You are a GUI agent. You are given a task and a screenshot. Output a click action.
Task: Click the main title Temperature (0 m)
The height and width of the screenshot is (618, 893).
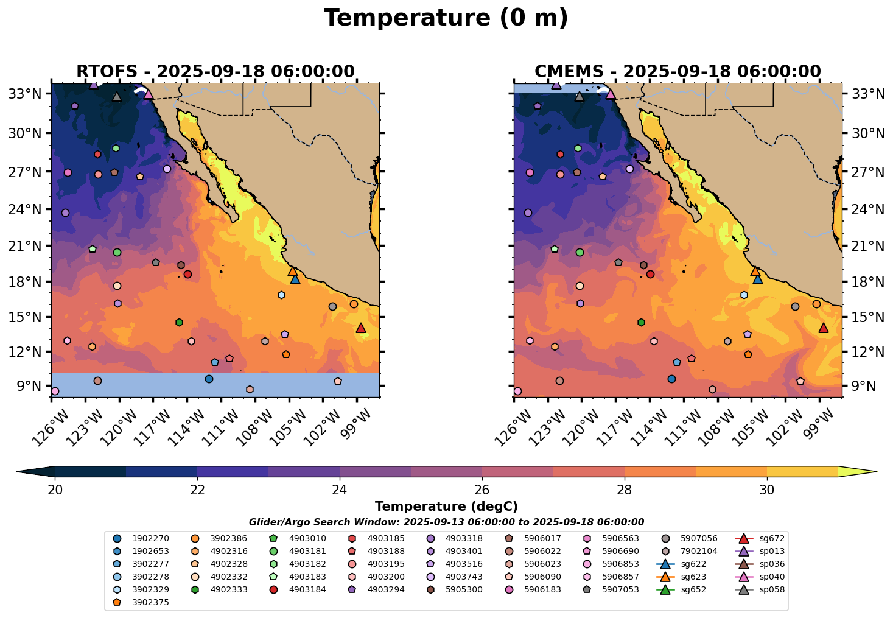pos(446,18)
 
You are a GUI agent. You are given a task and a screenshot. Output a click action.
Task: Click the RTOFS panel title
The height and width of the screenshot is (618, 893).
pos(215,72)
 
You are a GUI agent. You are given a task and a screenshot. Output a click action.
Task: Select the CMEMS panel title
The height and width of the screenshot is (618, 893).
pos(678,72)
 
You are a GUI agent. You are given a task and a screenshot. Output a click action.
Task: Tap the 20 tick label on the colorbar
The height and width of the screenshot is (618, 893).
pos(55,490)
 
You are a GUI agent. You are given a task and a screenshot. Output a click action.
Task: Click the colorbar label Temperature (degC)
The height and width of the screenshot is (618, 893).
pos(446,507)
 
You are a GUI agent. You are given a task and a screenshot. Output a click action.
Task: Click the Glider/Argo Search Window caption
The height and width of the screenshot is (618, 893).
pos(446,522)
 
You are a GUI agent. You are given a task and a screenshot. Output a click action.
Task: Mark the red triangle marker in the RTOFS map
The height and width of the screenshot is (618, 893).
pos(361,328)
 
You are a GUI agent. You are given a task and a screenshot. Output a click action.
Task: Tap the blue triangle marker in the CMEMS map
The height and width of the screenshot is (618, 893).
pos(758,279)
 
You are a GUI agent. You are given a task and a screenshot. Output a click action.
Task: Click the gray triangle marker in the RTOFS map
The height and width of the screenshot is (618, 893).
pos(117,97)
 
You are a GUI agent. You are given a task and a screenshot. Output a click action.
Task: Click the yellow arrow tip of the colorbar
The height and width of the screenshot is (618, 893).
pos(872,472)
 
